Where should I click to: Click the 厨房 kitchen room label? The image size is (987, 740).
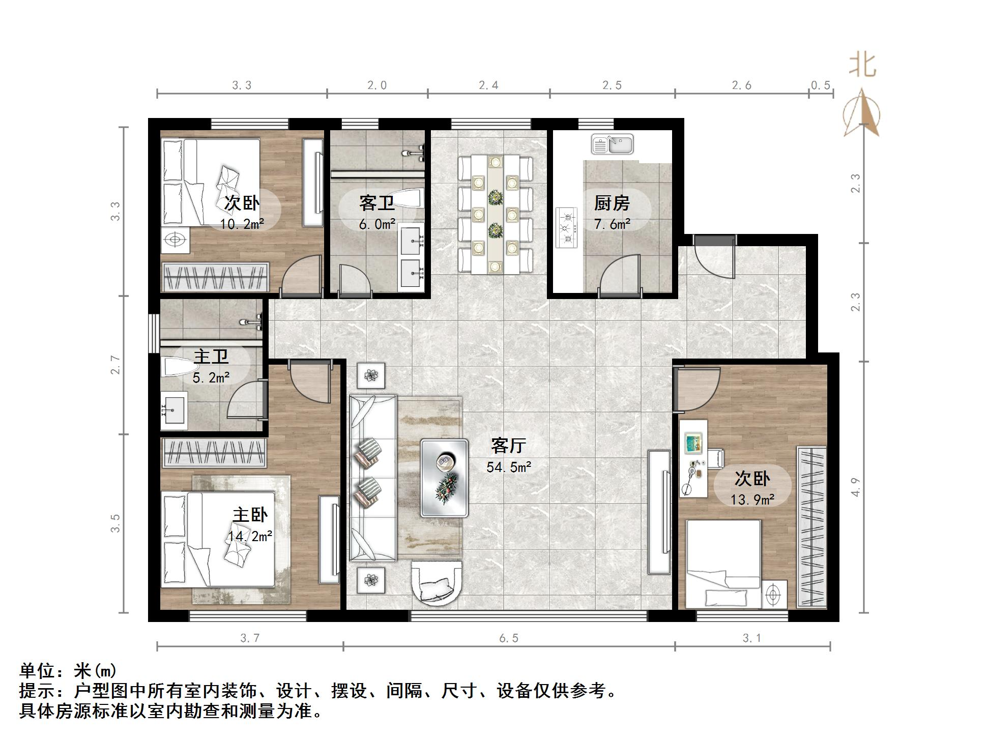tap(612, 203)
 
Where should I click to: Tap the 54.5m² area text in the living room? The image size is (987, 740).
tap(509, 467)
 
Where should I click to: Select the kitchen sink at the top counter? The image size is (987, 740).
tap(613, 144)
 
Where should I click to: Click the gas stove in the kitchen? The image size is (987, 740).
tap(567, 228)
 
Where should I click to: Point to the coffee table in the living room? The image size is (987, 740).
tap(445, 478)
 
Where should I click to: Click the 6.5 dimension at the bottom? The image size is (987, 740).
tap(509, 638)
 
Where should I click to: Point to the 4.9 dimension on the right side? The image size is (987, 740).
tap(856, 487)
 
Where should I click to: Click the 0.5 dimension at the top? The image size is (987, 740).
tap(821, 85)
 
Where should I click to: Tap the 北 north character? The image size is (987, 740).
tap(862, 66)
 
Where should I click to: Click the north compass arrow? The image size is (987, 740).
tap(862, 113)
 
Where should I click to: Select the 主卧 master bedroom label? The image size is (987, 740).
tap(250, 515)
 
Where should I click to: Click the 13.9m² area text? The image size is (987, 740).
tap(752, 499)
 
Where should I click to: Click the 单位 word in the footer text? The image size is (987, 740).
tap(37, 671)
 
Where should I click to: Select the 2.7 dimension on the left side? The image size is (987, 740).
tap(116, 365)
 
